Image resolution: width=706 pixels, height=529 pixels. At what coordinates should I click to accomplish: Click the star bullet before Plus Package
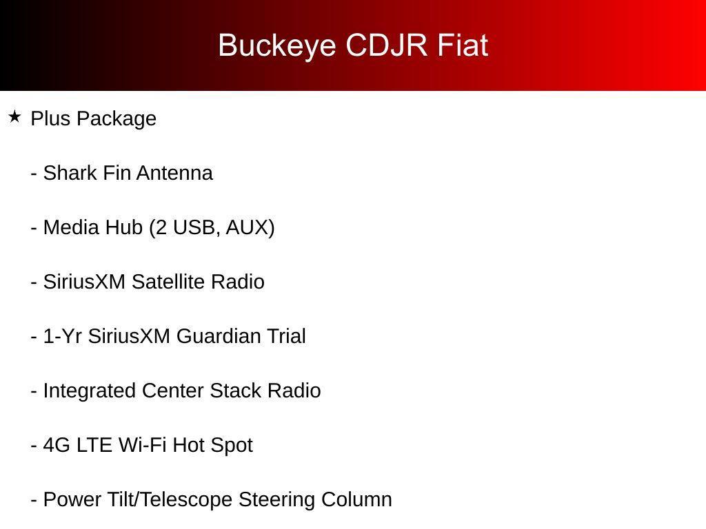point(14,117)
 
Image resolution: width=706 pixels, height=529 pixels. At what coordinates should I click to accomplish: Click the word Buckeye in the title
point(277,46)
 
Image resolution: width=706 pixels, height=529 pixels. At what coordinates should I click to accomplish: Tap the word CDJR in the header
point(386,45)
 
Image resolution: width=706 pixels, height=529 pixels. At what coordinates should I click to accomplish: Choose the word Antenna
point(174,173)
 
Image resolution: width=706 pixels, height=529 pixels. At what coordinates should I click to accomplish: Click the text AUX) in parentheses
point(250,227)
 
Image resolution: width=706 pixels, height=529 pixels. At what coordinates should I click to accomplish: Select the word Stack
point(236,391)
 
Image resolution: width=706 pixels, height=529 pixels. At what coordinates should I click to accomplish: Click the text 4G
point(57,445)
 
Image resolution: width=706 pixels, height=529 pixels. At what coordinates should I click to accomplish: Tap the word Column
point(356,499)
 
